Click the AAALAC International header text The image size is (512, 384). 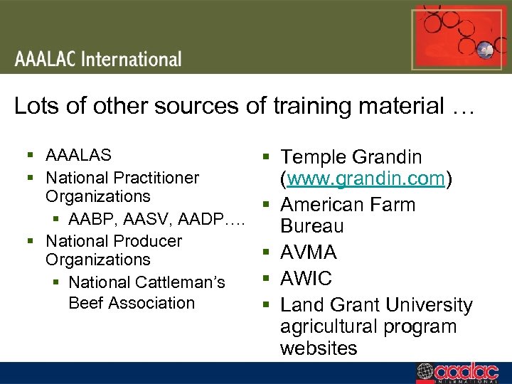(x=99, y=59)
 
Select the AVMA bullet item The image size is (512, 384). (x=308, y=252)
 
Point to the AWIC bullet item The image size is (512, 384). (x=306, y=278)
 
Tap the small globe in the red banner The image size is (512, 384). (x=485, y=50)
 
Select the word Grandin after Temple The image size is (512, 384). (x=387, y=157)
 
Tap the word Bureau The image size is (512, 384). (x=311, y=227)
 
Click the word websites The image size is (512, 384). (x=319, y=348)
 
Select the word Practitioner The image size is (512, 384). (x=151, y=177)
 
